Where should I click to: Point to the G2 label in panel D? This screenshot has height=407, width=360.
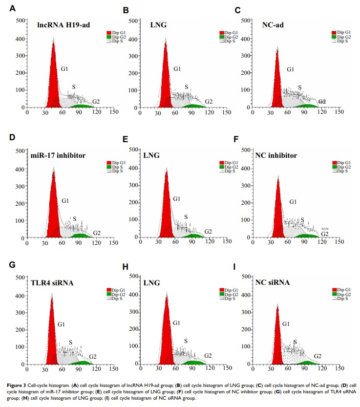(97, 233)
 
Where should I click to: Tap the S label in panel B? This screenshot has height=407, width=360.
(186, 86)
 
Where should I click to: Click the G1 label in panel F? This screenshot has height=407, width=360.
(293, 201)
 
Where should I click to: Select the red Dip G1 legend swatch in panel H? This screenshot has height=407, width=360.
(222, 290)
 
